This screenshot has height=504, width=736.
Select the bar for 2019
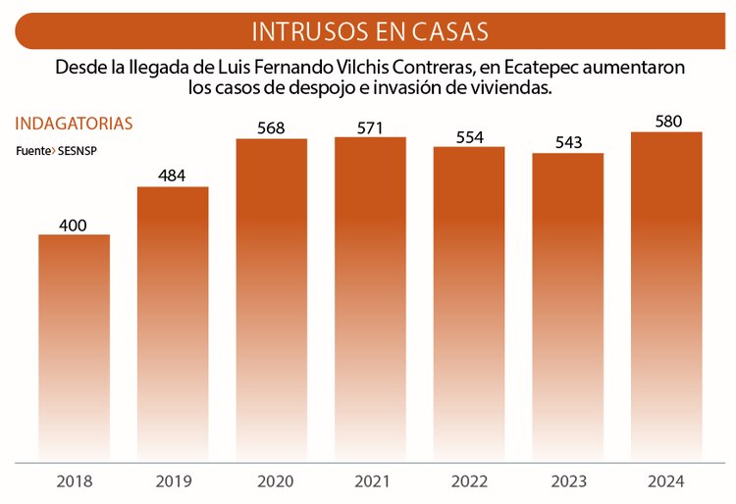pos(173,323)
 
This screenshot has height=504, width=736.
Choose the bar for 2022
pos(469,303)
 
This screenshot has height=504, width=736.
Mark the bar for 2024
pos(666,295)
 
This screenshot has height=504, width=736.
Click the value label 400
pos(74,226)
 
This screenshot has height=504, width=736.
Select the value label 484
pos(173,176)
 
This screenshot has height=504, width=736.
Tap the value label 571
pos(370,127)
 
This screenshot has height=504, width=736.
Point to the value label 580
pos(666,122)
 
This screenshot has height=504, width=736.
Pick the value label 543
pos(568,143)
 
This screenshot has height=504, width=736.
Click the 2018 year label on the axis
pos(74,481)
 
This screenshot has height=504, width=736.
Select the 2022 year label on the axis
pos(469,481)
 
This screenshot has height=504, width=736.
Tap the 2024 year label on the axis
pos(666,481)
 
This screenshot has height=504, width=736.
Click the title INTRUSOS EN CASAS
pos(369,30)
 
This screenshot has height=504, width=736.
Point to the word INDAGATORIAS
pos(74,124)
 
